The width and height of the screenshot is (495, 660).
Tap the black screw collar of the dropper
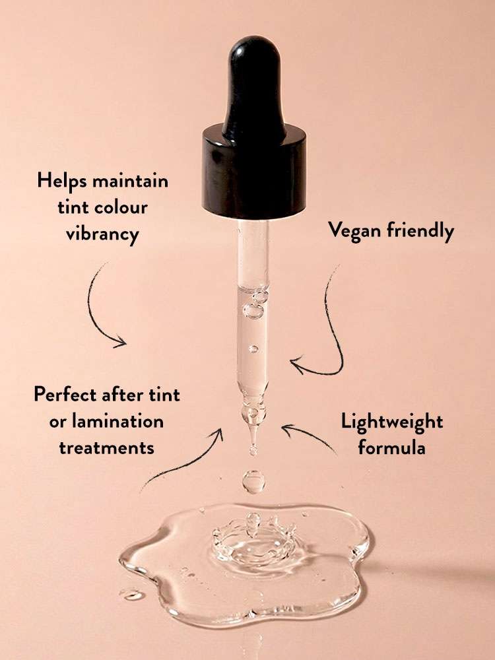(254, 172)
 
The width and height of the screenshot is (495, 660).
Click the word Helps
(62, 181)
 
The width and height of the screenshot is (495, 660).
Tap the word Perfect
(65, 395)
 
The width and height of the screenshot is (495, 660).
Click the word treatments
(106, 448)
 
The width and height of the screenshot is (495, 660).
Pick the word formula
(391, 447)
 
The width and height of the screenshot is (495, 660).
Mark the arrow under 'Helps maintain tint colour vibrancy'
(94, 312)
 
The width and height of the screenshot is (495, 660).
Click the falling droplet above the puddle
(253, 482)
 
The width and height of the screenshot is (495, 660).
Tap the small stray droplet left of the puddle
(132, 595)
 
